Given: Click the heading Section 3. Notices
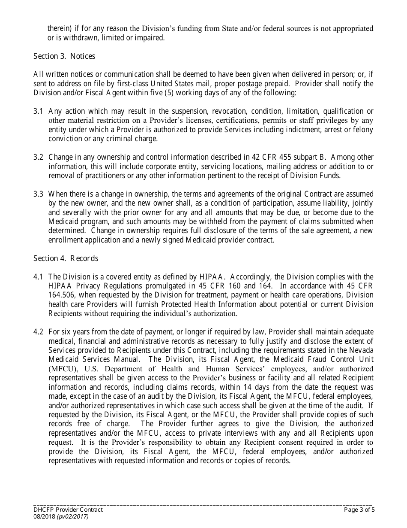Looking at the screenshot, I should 64,56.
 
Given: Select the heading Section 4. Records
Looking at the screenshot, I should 66,258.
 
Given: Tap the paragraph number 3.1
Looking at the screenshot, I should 38,111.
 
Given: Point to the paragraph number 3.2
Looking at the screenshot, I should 38,157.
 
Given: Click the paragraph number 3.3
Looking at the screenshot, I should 38,194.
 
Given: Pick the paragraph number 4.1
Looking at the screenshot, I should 38,276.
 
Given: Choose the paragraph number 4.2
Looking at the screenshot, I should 38,332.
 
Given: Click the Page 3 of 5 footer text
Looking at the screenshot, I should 359,510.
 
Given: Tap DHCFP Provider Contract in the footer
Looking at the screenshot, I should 68,510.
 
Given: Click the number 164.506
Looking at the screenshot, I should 62,295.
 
